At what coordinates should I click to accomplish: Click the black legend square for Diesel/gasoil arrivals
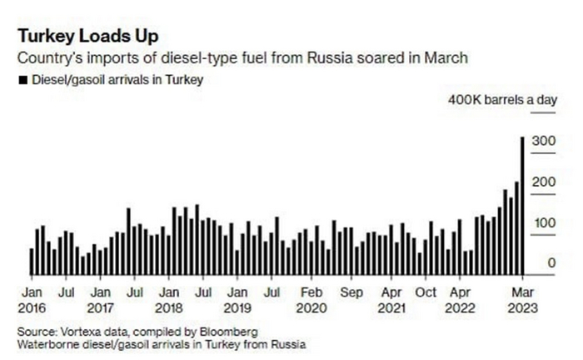coord(21,81)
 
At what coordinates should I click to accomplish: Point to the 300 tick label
coord(544,142)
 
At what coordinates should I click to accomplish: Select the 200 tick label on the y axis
coord(544,182)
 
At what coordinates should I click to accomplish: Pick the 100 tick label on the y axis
coord(544,223)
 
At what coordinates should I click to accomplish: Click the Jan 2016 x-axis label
coord(32,299)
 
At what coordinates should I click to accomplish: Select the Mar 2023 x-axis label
coord(522,299)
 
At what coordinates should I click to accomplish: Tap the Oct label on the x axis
coord(426,292)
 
